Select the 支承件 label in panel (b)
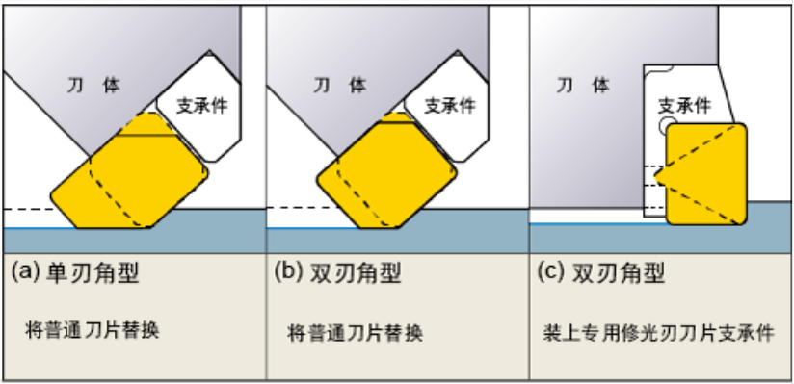click(450, 105)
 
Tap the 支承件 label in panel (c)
click(684, 104)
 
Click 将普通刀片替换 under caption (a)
click(92, 332)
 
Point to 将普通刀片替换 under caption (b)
click(356, 333)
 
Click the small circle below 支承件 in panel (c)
click(665, 126)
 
